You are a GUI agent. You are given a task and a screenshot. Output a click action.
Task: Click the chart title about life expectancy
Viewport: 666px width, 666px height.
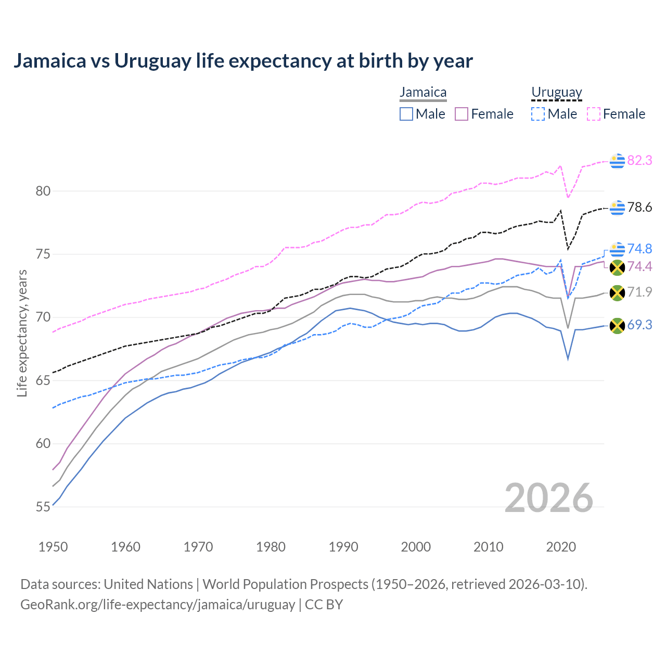(x=243, y=61)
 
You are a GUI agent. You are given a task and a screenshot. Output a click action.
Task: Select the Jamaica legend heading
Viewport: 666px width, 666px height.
(x=423, y=93)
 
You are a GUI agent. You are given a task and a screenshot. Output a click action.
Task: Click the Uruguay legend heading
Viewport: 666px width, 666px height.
(x=556, y=93)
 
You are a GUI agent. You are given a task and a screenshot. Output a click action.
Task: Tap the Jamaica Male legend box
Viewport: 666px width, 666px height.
(x=406, y=114)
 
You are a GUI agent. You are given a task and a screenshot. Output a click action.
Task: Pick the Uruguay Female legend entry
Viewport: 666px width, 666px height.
(x=617, y=114)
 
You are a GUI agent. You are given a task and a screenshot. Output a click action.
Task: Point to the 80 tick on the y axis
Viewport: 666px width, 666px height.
(x=43, y=191)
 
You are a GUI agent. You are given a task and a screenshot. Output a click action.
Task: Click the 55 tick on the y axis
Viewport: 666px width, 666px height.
(x=43, y=507)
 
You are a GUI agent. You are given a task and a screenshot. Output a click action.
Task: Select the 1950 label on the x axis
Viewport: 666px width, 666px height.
(x=53, y=547)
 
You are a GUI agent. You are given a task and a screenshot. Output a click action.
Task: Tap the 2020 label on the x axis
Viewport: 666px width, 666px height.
(x=561, y=547)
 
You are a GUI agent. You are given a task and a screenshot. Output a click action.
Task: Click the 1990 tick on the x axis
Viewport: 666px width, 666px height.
(x=343, y=547)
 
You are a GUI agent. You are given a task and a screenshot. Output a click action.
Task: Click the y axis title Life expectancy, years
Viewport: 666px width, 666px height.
(x=22, y=333)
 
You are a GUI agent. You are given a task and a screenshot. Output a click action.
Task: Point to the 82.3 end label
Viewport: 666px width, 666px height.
(x=639, y=160)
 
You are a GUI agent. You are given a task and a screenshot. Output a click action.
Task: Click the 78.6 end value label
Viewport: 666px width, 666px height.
(x=639, y=208)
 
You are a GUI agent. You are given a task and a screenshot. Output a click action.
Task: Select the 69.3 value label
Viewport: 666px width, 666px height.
(x=639, y=325)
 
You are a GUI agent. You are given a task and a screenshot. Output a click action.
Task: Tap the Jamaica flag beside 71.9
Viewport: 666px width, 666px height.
(x=617, y=293)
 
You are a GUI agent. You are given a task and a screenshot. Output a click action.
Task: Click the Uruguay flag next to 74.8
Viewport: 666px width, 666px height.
(x=617, y=249)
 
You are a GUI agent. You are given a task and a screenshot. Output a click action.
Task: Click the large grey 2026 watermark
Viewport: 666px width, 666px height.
(x=549, y=498)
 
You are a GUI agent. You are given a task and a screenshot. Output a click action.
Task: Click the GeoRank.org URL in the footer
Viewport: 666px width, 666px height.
(x=158, y=605)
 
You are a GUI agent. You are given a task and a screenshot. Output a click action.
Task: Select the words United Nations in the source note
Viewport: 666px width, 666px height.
(x=148, y=584)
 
